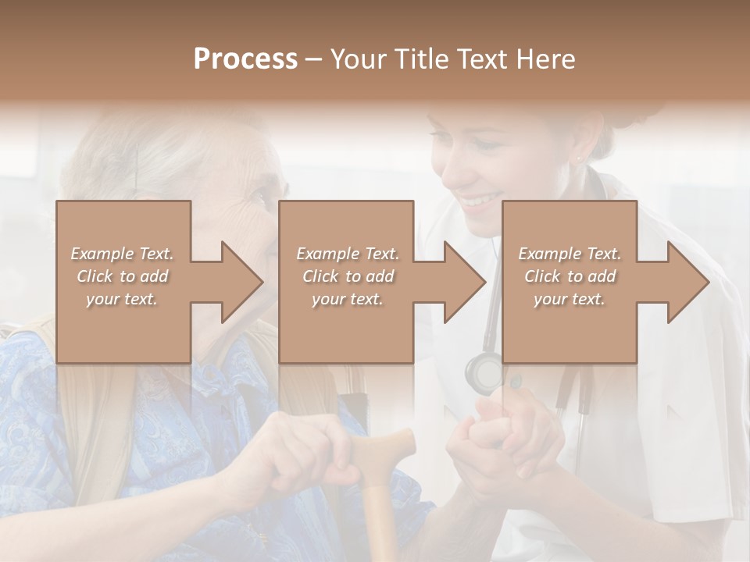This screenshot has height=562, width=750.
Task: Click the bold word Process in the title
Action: click(x=245, y=59)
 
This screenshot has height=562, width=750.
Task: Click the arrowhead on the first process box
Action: click(x=239, y=282)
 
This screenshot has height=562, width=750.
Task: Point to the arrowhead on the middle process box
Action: click(x=462, y=282)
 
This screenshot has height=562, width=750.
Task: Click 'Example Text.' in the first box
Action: click(x=122, y=254)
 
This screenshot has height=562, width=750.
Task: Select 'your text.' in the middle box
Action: click(x=347, y=299)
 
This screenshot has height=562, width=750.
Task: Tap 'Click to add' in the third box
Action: click(x=569, y=276)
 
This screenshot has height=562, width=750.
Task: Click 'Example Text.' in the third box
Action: click(x=570, y=254)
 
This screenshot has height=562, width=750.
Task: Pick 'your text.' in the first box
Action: click(x=122, y=299)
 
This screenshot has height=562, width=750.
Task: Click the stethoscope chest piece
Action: click(x=485, y=373)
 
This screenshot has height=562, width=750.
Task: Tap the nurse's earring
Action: click(x=579, y=158)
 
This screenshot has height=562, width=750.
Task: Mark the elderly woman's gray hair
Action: click(x=156, y=156)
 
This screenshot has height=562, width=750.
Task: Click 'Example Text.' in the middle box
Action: click(x=347, y=254)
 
